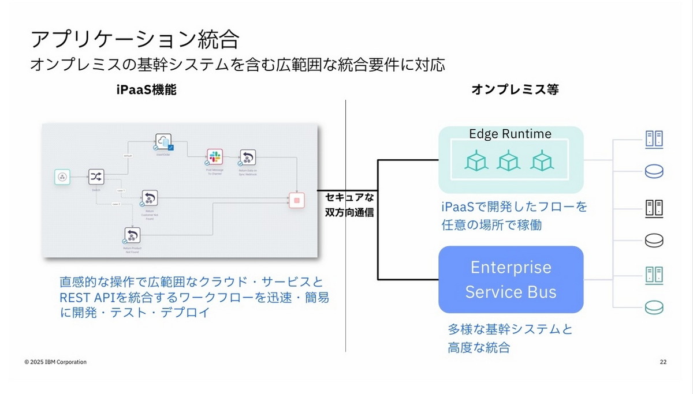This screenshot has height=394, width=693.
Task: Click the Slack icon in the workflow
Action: coord(215,156)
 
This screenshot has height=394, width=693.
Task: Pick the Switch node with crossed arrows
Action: coord(95,177)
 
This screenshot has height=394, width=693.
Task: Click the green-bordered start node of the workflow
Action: coord(62,177)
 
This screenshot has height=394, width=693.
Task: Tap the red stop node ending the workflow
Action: coord(296,200)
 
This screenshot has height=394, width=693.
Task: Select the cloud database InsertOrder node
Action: coord(163,142)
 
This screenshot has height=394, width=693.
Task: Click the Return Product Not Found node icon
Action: coord(132,235)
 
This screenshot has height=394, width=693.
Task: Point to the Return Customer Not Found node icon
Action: coord(150,198)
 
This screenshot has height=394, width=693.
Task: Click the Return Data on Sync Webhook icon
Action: coord(248,157)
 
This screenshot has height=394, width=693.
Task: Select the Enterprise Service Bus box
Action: coord(511,279)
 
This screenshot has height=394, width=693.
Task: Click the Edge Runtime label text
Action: coord(511,134)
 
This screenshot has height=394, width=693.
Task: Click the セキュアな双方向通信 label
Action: coord(349,204)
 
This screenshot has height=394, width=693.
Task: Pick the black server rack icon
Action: coord(654,207)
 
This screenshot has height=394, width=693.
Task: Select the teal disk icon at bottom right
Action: coord(654,307)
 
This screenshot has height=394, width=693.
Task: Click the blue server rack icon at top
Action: coord(654,138)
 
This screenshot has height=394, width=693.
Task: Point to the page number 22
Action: coord(663,362)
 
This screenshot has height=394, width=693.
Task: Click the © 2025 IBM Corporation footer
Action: coord(55,362)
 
